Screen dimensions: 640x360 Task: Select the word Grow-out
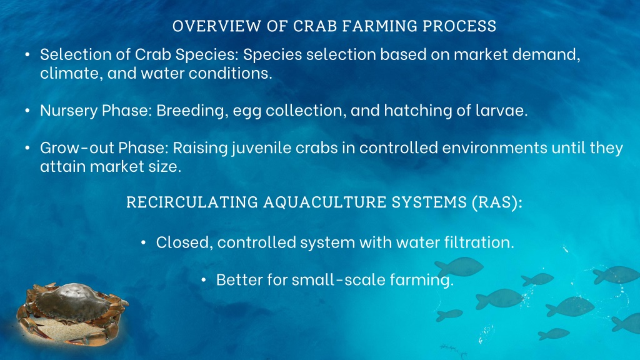(x=77, y=147)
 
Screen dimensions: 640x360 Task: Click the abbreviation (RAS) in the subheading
(x=497, y=202)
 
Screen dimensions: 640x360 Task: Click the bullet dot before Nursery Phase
(x=27, y=111)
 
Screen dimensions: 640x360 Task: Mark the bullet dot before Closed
(x=143, y=242)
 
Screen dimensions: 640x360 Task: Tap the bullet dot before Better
(x=204, y=279)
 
